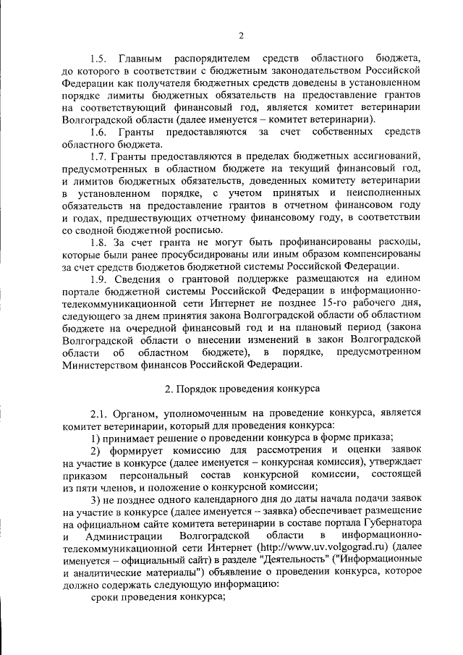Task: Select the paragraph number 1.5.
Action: [x=99, y=56]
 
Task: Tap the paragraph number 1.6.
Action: [x=99, y=132]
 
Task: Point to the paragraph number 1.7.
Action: [x=99, y=157]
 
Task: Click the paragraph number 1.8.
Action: [x=99, y=245]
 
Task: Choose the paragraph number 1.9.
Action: [x=99, y=283]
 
